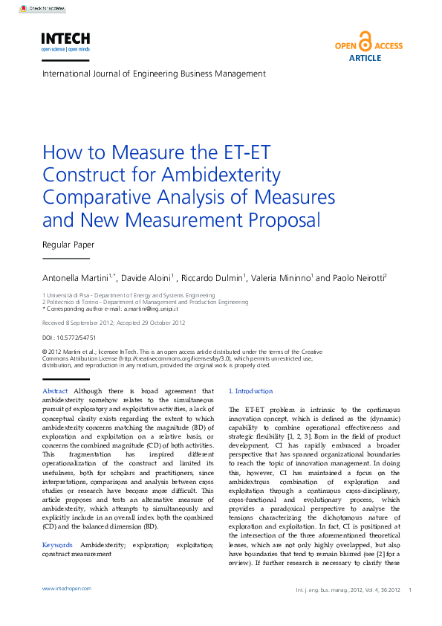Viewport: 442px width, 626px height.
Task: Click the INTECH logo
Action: pos(65,40)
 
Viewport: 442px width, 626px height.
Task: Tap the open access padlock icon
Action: pos(365,41)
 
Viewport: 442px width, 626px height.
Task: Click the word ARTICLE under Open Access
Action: pos(365,58)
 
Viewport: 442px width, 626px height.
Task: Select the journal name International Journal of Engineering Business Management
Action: pos(154,74)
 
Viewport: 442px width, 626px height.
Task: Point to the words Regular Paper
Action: pos(68,244)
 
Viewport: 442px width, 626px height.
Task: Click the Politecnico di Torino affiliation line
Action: pos(145,303)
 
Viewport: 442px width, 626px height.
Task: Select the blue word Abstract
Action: pos(55,391)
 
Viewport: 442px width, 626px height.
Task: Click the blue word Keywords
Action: pos(57,546)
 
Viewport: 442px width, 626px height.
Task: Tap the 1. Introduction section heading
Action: pos(250,391)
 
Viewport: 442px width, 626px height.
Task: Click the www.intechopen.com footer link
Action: pos(67,588)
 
